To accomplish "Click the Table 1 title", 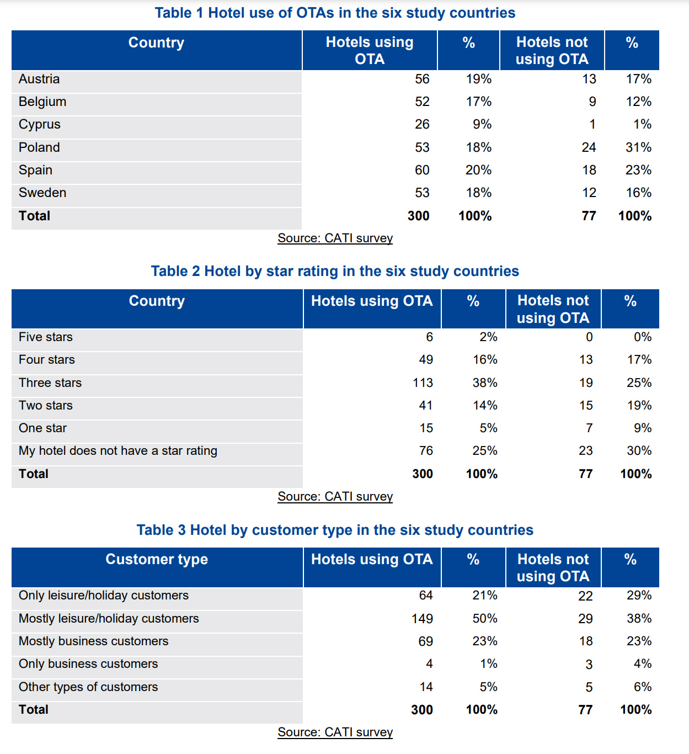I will pos(335,13).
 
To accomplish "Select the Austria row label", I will pos(39,79).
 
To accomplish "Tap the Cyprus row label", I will pos(40,124).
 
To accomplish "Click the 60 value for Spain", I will pos(422,170).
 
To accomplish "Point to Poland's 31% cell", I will pos(638,147).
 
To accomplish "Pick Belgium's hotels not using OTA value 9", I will pos(592,102).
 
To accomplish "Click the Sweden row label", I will pos(42,193).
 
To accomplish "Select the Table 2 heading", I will pos(335,271).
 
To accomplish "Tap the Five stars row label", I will pos(46,337).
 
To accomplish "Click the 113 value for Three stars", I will pos(423,383).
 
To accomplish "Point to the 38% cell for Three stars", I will pos(485,383).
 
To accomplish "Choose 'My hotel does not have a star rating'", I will pos(118,450).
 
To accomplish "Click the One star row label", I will pos(42,428).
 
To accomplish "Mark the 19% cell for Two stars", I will pos(639,405).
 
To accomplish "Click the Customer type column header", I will pos(157,559).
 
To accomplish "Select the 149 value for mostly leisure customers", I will pos(422,618).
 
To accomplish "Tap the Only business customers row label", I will pos(88,663).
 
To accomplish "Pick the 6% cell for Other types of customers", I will pos(643,687).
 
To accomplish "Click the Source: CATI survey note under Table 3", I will pos(335,732).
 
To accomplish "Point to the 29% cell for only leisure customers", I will pos(639,595).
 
